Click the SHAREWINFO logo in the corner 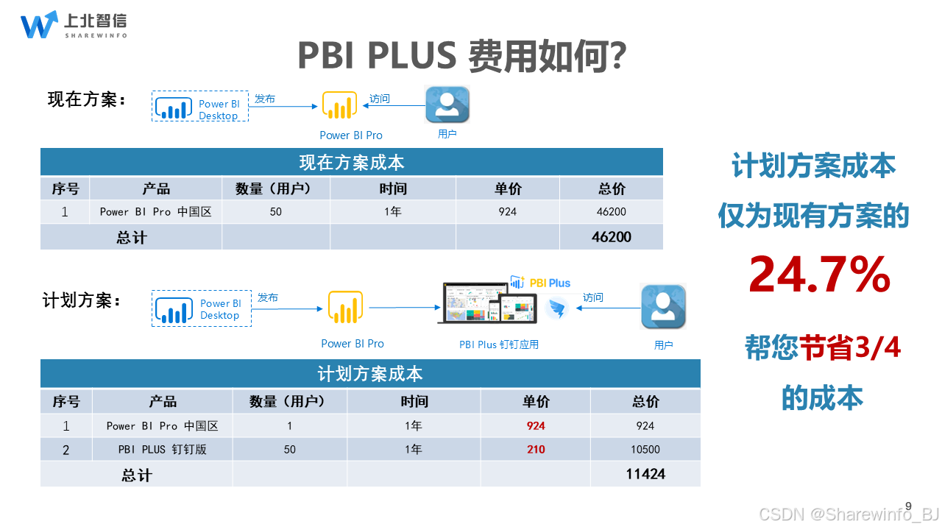point(73,25)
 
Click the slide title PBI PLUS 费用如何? point(462,54)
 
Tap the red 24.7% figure point(819,275)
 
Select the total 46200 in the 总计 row point(611,237)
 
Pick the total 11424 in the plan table point(645,474)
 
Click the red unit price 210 point(536,449)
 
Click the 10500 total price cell point(645,449)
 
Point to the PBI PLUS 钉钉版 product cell point(163,449)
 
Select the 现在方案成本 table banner point(351,162)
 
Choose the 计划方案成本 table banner point(370,373)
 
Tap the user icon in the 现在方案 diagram point(447,105)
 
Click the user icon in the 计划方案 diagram point(663,306)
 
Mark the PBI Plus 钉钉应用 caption point(499,344)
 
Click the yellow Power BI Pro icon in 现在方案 point(339,106)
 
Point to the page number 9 point(908,506)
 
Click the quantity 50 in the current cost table point(276,211)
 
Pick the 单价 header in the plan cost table point(536,401)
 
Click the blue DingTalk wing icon point(558,308)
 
